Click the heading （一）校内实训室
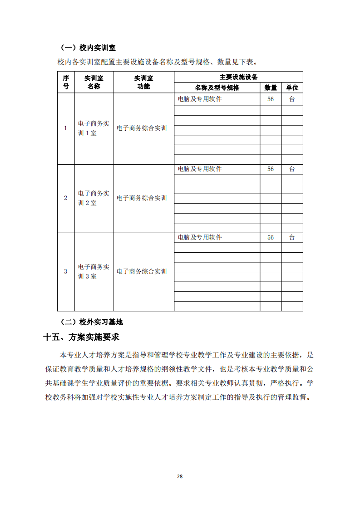[x=88, y=48]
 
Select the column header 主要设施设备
[x=238, y=77]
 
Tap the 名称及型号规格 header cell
[x=217, y=88]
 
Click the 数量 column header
[x=271, y=88]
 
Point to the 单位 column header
[x=292, y=88]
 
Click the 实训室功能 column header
[x=143, y=82]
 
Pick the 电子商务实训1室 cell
[x=94, y=128]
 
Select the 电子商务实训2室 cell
[x=94, y=198]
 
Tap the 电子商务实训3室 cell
[x=94, y=271]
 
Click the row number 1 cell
[x=66, y=128]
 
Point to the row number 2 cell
[x=66, y=198]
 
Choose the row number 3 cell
[x=66, y=271]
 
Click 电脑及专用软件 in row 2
[x=200, y=169]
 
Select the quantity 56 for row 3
[x=271, y=237]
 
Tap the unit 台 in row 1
[x=292, y=98]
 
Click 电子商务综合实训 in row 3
[x=142, y=271]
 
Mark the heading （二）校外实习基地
[x=92, y=322]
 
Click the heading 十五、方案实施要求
[x=81, y=337]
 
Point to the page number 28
[x=180, y=476]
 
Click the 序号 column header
[x=66, y=82]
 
